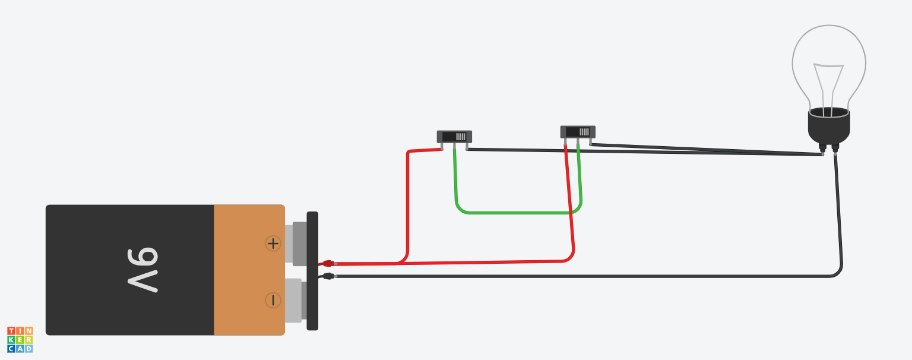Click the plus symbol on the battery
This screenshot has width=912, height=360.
[x=273, y=243]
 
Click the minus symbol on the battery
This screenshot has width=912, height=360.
[x=273, y=301]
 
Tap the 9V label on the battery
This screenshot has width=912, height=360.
[x=142, y=270]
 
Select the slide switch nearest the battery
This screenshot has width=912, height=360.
[x=454, y=137]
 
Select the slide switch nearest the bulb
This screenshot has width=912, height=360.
[x=578, y=132]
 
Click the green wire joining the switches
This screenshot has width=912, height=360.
[x=517, y=212]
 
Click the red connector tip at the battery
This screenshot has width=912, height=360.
[x=328, y=263]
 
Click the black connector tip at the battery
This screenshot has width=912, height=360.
[x=328, y=276]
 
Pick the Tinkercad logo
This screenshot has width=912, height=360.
[x=20, y=340]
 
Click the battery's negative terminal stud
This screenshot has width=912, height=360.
[x=293, y=301]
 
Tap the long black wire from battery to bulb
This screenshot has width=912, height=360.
[x=594, y=276]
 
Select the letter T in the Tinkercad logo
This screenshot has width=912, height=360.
[x=11, y=331]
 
